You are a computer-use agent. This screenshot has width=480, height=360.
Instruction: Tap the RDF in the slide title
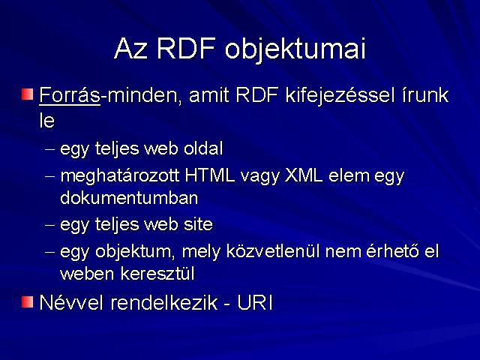pos(186,48)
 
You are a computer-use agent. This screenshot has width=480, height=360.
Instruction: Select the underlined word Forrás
pos(70,95)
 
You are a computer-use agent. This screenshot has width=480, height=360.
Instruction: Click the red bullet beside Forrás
pos(27,94)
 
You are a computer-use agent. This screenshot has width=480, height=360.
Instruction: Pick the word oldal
pos(203,148)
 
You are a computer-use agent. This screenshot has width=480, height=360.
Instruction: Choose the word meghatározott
pos(120,177)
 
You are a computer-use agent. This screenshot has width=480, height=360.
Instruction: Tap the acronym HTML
pos(210,175)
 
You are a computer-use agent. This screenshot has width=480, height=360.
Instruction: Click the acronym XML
pos(304,175)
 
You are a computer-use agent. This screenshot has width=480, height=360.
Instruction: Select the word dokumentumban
pos(129,198)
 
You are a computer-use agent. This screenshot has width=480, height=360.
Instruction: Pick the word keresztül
pos(157,273)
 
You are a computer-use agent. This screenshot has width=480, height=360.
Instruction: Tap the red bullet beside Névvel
pos(27,302)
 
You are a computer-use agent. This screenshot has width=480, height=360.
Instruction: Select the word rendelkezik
pos(163,302)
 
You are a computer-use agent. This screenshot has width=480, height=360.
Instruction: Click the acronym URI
pos(255,302)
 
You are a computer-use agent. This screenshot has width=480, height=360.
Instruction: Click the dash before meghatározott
pos(50,177)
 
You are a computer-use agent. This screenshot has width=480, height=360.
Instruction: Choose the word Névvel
pos(71,302)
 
